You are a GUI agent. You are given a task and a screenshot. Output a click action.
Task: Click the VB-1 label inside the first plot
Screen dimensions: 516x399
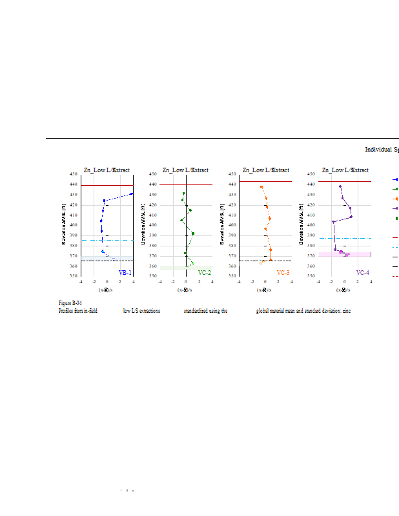[125, 273]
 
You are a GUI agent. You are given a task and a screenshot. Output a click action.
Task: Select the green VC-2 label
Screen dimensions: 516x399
[204, 273]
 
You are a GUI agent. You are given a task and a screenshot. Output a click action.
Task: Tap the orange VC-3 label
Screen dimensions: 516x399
[283, 273]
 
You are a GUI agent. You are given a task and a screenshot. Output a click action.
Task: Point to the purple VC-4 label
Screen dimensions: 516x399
[362, 273]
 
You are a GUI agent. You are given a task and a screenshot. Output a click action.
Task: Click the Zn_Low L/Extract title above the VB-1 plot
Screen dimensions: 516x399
[107, 170]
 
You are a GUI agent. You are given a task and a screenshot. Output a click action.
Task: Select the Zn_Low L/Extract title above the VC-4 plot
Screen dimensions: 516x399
[345, 170]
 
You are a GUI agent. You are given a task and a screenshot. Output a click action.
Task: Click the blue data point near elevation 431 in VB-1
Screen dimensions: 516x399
[132, 193]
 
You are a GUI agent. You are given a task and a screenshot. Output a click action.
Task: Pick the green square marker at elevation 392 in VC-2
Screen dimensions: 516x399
[193, 233]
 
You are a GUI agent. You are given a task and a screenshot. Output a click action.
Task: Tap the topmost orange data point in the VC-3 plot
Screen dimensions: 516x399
[261, 187]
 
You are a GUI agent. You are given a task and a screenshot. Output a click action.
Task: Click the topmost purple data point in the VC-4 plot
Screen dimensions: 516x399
[340, 186]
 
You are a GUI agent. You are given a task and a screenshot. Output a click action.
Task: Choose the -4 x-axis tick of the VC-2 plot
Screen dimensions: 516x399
[160, 281]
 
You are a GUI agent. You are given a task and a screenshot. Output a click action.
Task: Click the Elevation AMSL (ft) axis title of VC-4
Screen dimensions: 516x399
[302, 225]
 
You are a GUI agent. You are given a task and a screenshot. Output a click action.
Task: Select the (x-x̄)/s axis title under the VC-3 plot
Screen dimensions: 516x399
[265, 290]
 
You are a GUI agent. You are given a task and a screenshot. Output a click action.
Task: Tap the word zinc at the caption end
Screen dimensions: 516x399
[347, 311]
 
